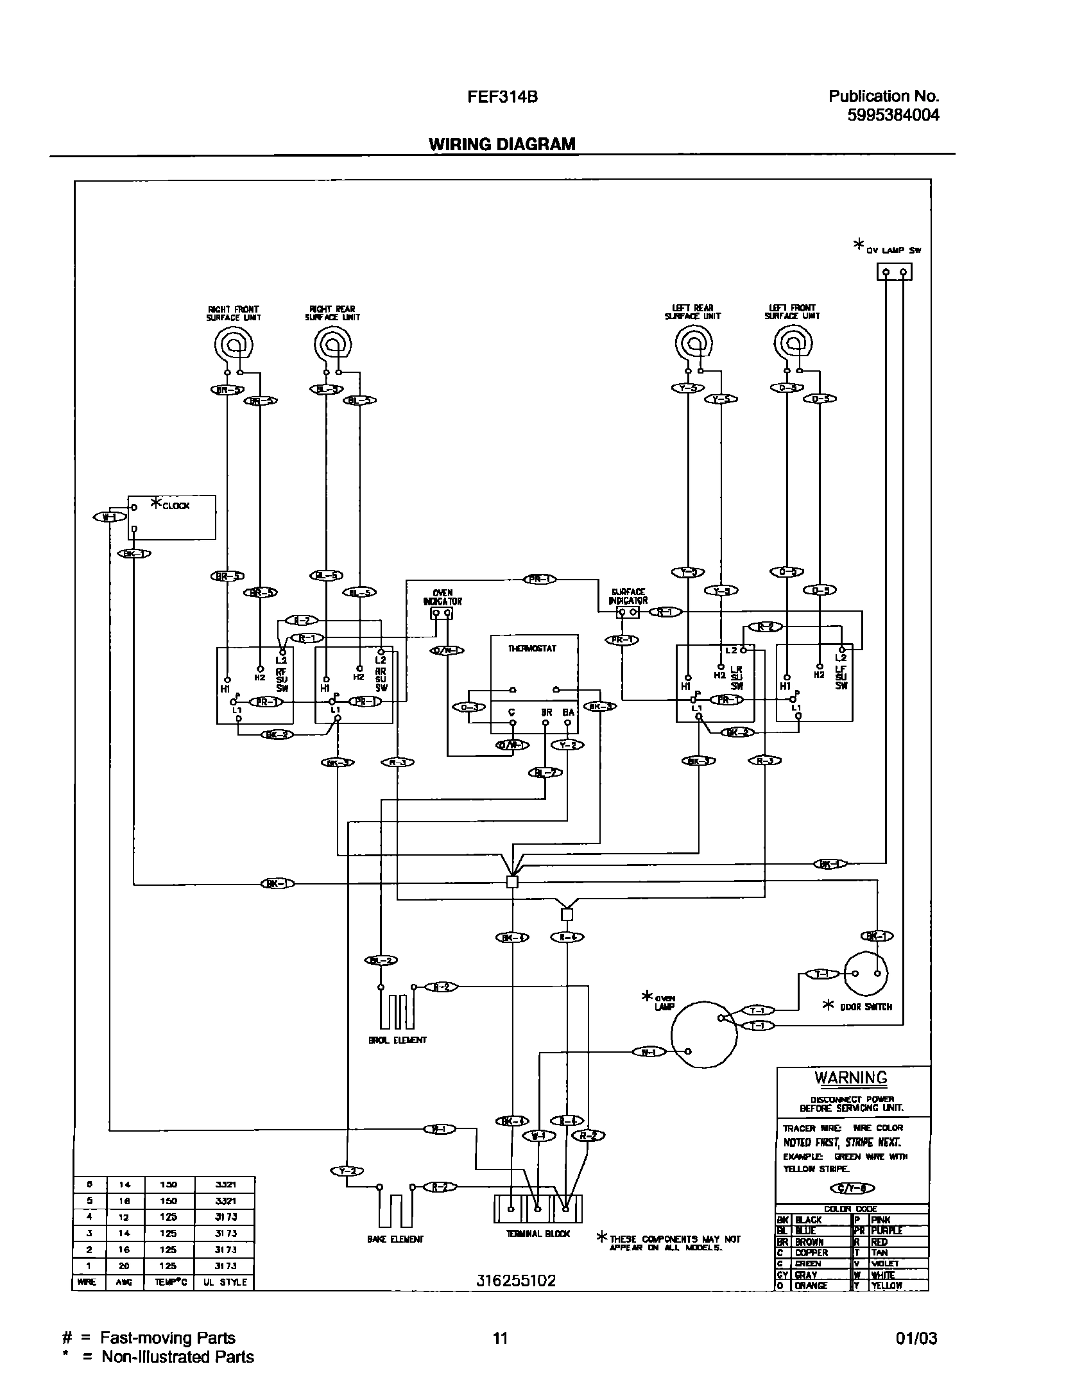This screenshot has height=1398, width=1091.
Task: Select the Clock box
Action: tap(171, 517)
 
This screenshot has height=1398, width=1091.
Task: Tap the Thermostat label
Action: tap(533, 649)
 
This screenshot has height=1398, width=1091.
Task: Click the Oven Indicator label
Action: tap(442, 598)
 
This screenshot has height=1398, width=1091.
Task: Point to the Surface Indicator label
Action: tap(628, 596)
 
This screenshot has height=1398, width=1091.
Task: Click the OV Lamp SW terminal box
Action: tap(895, 273)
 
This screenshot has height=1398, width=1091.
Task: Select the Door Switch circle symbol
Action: tap(866, 974)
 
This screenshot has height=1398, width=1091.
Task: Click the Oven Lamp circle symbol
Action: tap(703, 1034)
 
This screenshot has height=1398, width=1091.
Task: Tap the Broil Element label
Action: tap(397, 1040)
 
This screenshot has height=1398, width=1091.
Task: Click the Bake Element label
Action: tap(395, 1239)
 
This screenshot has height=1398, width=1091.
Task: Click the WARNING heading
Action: tap(851, 1078)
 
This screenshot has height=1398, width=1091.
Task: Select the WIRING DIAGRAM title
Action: tap(502, 144)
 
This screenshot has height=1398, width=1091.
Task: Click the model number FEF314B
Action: tap(502, 97)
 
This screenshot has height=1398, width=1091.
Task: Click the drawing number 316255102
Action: tap(516, 1281)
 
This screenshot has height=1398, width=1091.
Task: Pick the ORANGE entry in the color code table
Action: tap(811, 1286)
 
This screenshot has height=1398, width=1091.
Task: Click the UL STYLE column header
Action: tap(225, 1282)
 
